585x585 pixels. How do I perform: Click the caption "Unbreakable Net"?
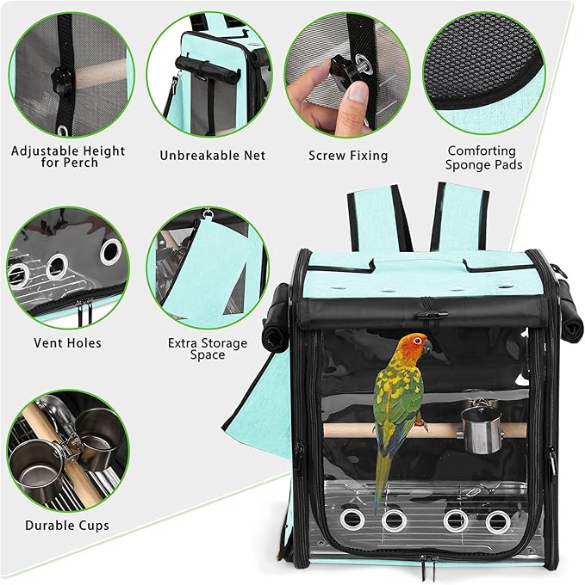tap(213, 156)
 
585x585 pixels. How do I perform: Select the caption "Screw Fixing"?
tap(348, 156)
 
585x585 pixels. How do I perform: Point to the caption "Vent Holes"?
tap(67, 342)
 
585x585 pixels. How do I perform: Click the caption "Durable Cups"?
tap(67, 525)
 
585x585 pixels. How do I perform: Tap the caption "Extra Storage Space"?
tap(208, 348)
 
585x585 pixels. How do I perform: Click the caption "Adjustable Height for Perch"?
tap(68, 157)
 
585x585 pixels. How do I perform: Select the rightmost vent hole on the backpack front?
tap(497, 520)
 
